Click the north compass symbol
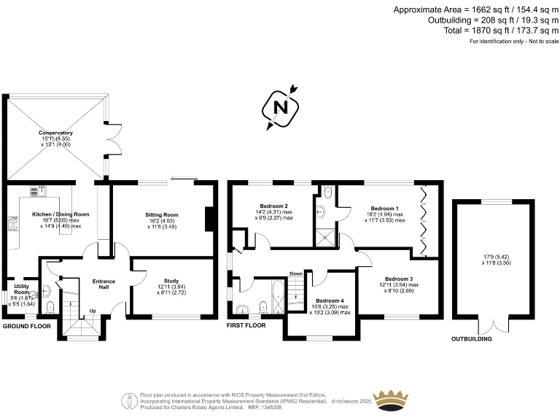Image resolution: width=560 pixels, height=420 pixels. point(280,106)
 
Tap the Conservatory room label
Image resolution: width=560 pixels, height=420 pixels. point(56,133)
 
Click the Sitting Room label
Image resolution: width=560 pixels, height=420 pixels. point(162,215)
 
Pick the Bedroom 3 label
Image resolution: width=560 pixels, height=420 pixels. point(399,279)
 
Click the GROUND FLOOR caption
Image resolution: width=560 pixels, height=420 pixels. point(27,327)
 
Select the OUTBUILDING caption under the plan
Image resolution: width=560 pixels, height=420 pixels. point(472,339)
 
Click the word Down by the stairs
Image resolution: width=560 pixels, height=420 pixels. point(296,273)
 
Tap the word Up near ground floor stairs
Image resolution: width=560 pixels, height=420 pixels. point(92,311)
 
